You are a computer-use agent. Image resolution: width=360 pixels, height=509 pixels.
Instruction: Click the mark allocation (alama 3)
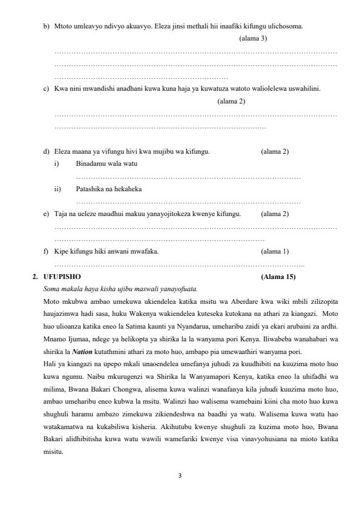[x=253, y=38]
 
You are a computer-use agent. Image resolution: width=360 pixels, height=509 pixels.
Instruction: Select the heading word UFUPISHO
[x=58, y=277]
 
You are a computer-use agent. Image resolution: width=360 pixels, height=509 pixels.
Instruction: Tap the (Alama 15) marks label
[x=277, y=277]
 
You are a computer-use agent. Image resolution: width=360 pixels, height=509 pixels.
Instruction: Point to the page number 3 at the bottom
[x=180, y=475]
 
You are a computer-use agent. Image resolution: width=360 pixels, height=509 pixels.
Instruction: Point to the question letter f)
[x=46, y=251]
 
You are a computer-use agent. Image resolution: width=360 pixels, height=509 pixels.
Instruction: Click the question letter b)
[x=46, y=27]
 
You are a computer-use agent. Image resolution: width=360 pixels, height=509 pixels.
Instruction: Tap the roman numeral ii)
[x=57, y=189]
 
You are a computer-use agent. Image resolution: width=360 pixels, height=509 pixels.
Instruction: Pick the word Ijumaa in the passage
[x=76, y=339]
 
